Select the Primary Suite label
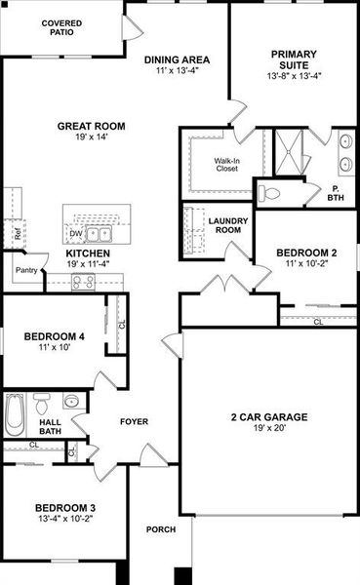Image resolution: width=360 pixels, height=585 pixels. coord(293,61)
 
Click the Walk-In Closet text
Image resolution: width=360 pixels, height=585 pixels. coord(228,163)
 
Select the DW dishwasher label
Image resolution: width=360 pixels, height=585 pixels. coord(75,234)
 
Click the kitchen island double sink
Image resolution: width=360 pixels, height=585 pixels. coord(98,234)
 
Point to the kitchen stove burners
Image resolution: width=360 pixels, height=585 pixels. coord(85,283)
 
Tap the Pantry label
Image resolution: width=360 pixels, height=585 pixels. coord(26,271)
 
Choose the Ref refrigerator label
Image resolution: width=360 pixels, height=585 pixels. coord(18,234)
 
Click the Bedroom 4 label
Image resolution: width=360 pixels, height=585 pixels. coord(55,337)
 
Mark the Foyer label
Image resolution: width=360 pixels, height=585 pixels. coord(134,422)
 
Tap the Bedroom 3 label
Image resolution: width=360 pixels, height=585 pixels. coord(65,508)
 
